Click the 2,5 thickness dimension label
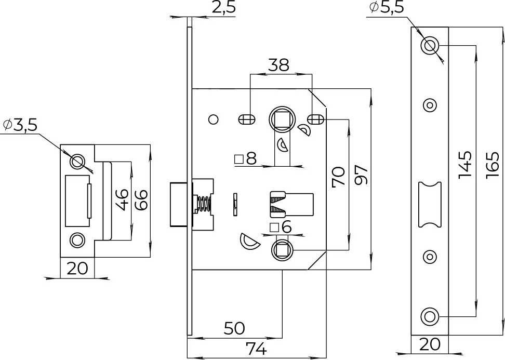[x=223, y=7]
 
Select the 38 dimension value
[x=279, y=65]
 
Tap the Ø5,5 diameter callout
[x=387, y=7]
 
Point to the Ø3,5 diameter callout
[x=20, y=125]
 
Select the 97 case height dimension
[x=361, y=175]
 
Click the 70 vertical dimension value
[x=338, y=177]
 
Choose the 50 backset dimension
[x=234, y=328]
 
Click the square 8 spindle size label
[x=245, y=159]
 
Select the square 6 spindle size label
[x=281, y=228]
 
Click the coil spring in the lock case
[x=204, y=204]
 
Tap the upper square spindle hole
[x=282, y=119]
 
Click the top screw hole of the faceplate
[x=429, y=45]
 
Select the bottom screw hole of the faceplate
[x=429, y=316]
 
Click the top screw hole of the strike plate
[x=77, y=161]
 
